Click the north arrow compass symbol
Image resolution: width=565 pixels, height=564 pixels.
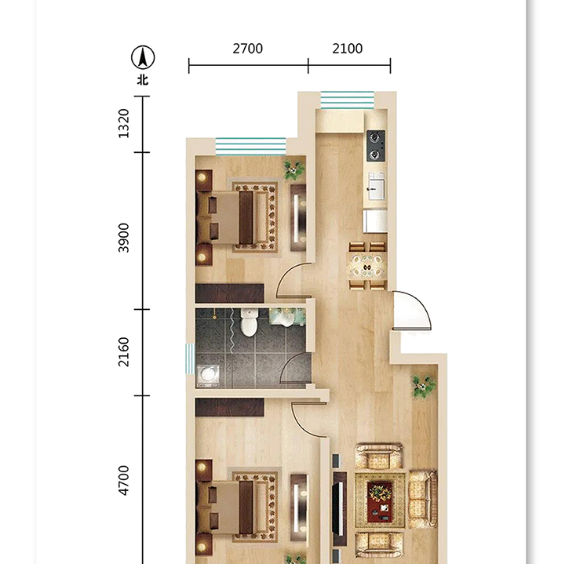[x=143, y=57]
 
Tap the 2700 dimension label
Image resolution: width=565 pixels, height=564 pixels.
[x=247, y=49]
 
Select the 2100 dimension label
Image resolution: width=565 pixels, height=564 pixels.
[x=348, y=49]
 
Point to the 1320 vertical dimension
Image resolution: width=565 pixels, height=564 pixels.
[x=124, y=123]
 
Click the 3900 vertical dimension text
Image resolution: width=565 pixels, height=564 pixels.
[x=124, y=238]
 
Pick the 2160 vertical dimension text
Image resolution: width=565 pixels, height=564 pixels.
[x=124, y=352]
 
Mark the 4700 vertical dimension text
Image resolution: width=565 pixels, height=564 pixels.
[x=124, y=481]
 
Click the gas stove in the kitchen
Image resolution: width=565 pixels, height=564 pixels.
[x=376, y=146]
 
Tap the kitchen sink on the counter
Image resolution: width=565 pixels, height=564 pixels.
[x=376, y=186]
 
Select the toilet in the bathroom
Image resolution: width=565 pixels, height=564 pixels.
[x=249, y=322]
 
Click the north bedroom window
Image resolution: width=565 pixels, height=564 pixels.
[x=251, y=147]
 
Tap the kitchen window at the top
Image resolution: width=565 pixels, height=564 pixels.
[x=348, y=100]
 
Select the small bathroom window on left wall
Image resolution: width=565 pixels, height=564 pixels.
[x=190, y=358]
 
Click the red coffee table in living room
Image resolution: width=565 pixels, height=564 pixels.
[x=380, y=502]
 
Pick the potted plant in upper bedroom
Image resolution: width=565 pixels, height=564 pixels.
[x=294, y=169]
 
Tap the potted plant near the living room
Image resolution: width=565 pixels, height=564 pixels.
[x=424, y=386]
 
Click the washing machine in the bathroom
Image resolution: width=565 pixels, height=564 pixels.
[x=208, y=375]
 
